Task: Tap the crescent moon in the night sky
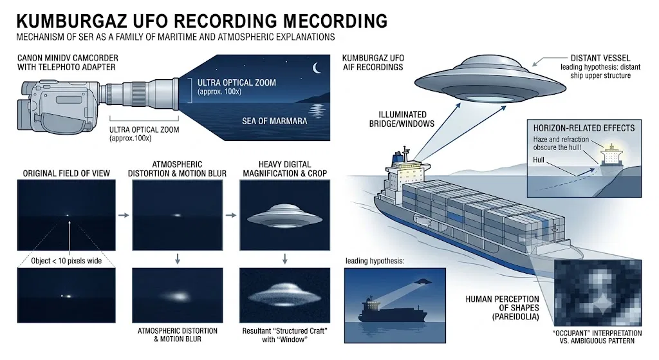tap(317, 68)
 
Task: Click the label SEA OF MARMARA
tap(274, 121)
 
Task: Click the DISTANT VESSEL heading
tap(600, 58)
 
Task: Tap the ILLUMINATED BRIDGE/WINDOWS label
tap(402, 119)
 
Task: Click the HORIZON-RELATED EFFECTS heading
tap(584, 128)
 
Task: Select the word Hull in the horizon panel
tap(539, 160)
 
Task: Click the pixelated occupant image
tap(598, 293)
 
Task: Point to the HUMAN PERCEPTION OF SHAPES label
tap(502, 308)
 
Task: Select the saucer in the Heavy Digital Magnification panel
tap(284, 216)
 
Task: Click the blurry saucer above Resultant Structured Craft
tap(284, 295)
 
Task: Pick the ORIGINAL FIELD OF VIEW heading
tap(66, 173)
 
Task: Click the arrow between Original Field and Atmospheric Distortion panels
tap(124, 215)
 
